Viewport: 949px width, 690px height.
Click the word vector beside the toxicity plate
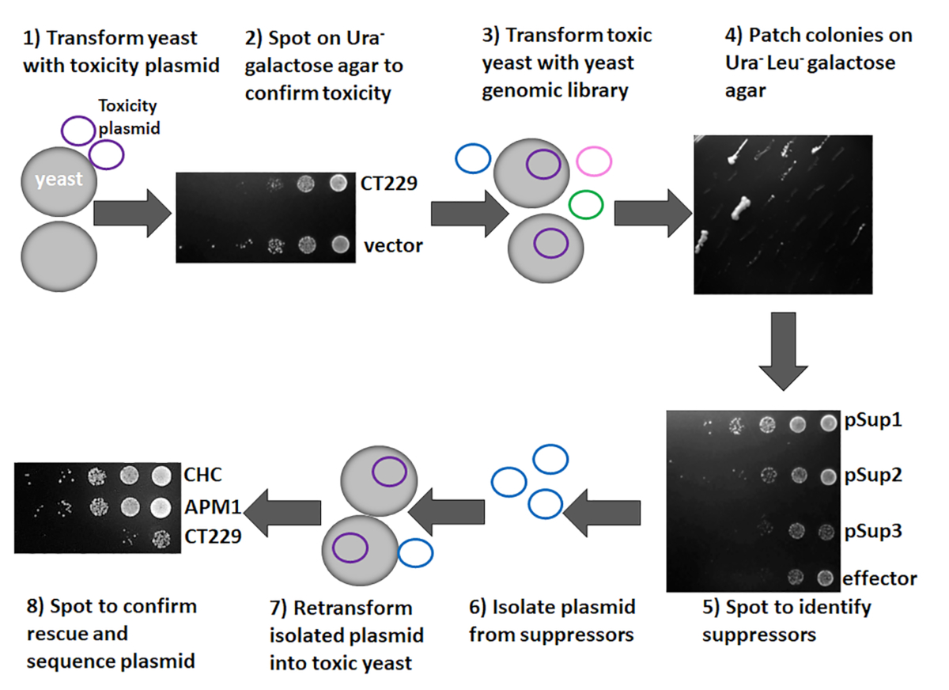tap(393, 245)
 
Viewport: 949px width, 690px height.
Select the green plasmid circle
tap(586, 204)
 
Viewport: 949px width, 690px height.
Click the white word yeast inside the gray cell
tap(59, 180)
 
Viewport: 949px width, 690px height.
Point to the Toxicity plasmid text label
tap(128, 116)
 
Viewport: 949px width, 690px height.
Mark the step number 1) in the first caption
tap(33, 38)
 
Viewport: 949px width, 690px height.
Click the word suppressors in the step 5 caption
tap(759, 635)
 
